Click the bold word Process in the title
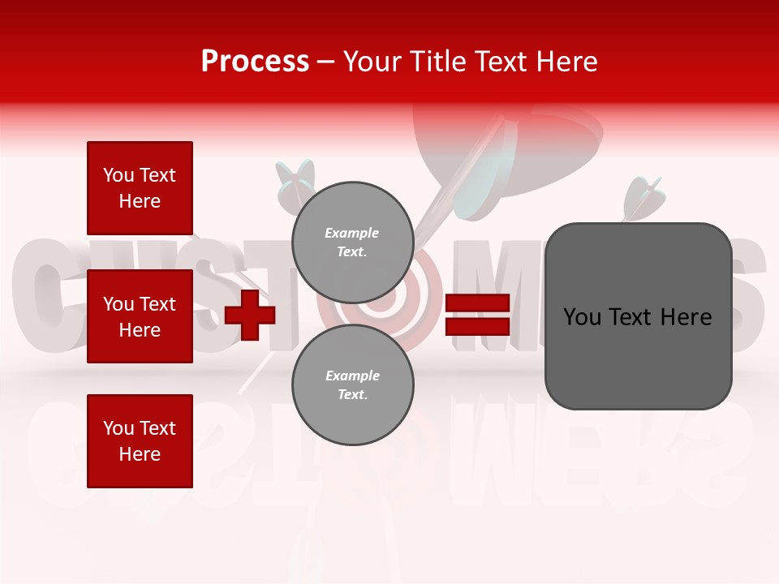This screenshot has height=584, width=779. coord(255,61)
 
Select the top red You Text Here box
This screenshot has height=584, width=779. coord(140,188)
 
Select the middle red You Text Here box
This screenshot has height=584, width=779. coord(140,316)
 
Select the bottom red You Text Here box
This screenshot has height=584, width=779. coord(140,441)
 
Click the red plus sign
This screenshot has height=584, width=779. coord(250,314)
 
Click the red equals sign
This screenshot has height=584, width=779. coord(477,315)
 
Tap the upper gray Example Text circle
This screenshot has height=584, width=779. coord(352,243)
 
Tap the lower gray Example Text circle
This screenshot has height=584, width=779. coord(352,385)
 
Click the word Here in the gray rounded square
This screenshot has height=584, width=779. coord(686,317)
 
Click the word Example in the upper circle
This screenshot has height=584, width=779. coord(351,233)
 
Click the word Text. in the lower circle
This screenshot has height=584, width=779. coord(352,395)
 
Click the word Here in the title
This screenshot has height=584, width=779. coord(566,62)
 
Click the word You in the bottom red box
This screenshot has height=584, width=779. coord(118,428)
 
